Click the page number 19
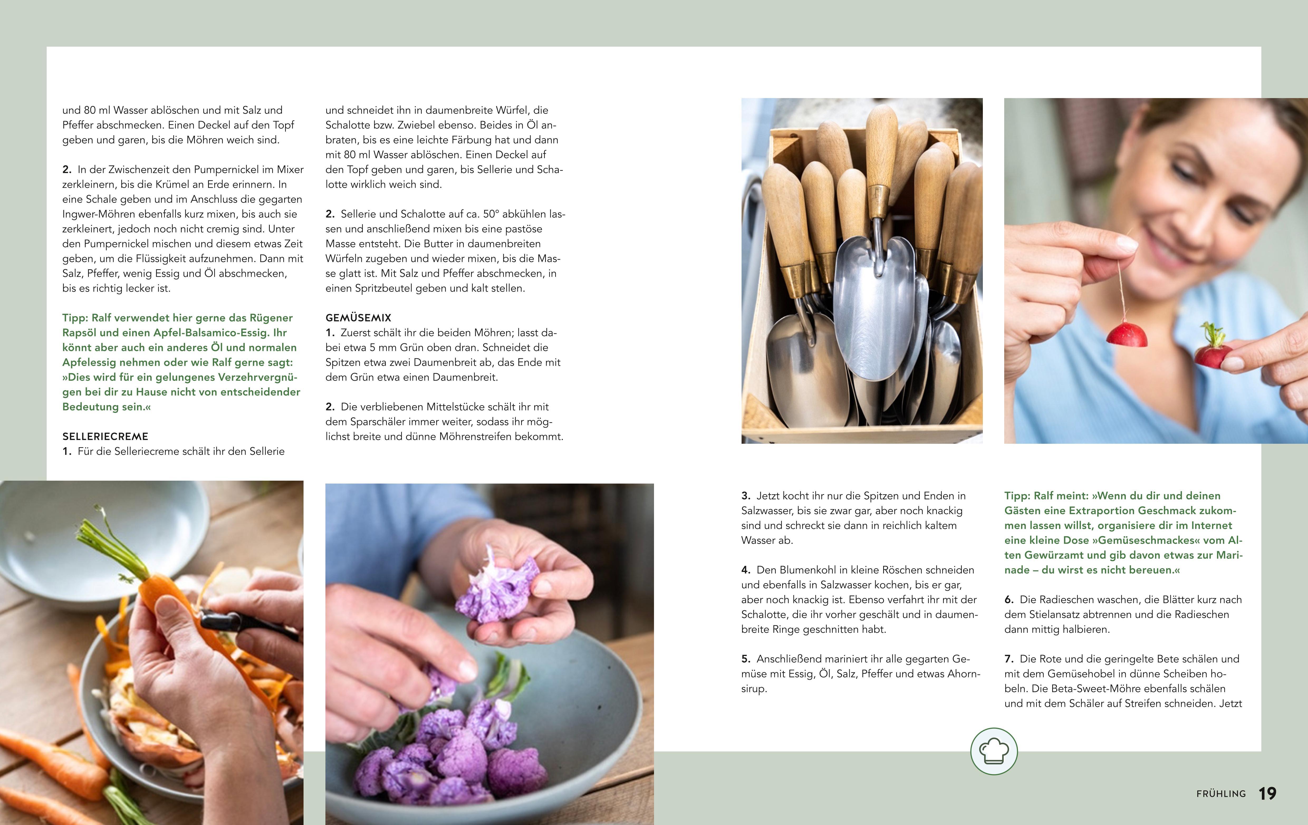click(x=1267, y=794)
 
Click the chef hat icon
click(x=994, y=751)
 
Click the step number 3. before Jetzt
click(x=746, y=496)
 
